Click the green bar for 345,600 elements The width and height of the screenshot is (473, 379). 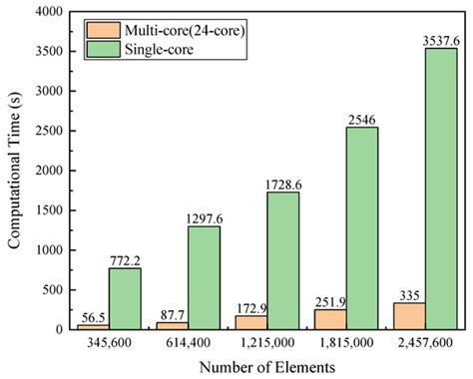[x=126, y=298]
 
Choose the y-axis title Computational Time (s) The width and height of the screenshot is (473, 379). [x=13, y=170]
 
